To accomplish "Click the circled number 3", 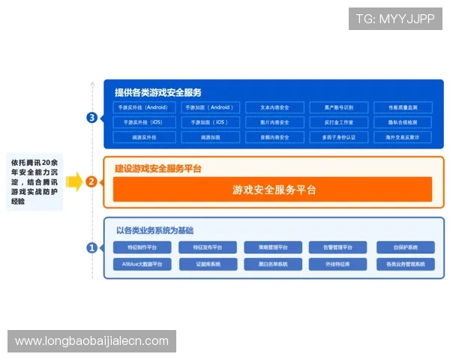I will (x=91, y=118).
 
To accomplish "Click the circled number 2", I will (x=91, y=181).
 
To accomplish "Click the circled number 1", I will (x=91, y=247).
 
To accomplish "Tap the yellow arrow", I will (x=73, y=181).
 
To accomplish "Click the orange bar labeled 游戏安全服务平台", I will (x=273, y=189).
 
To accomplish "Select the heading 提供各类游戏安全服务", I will (x=158, y=92).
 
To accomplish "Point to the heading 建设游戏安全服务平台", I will (x=158, y=169).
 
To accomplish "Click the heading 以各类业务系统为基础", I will (x=160, y=229).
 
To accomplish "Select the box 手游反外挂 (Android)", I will (x=143, y=107).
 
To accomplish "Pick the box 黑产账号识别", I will (x=339, y=107).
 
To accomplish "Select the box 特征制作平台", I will (x=142, y=247).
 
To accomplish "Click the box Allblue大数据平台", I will (x=142, y=264).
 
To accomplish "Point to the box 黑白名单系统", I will (x=273, y=264).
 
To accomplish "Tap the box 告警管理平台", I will (x=338, y=247).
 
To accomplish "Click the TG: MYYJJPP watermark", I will (x=395, y=19).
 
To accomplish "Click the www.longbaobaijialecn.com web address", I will (x=92, y=341).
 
